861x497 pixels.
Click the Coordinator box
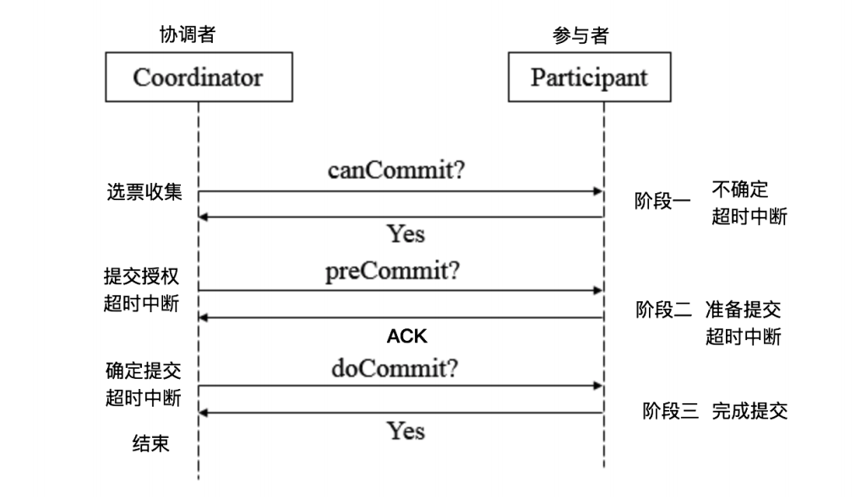tap(198, 78)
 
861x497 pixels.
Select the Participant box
tap(589, 78)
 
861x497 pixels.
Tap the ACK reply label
tap(407, 336)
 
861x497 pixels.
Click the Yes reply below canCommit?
tap(406, 234)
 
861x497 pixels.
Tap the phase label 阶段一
tap(662, 203)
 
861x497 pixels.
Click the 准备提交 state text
tap(743, 310)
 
